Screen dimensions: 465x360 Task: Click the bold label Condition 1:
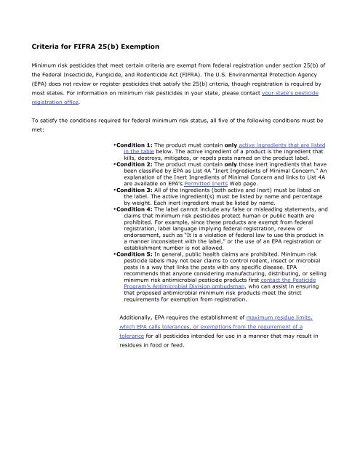137,146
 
